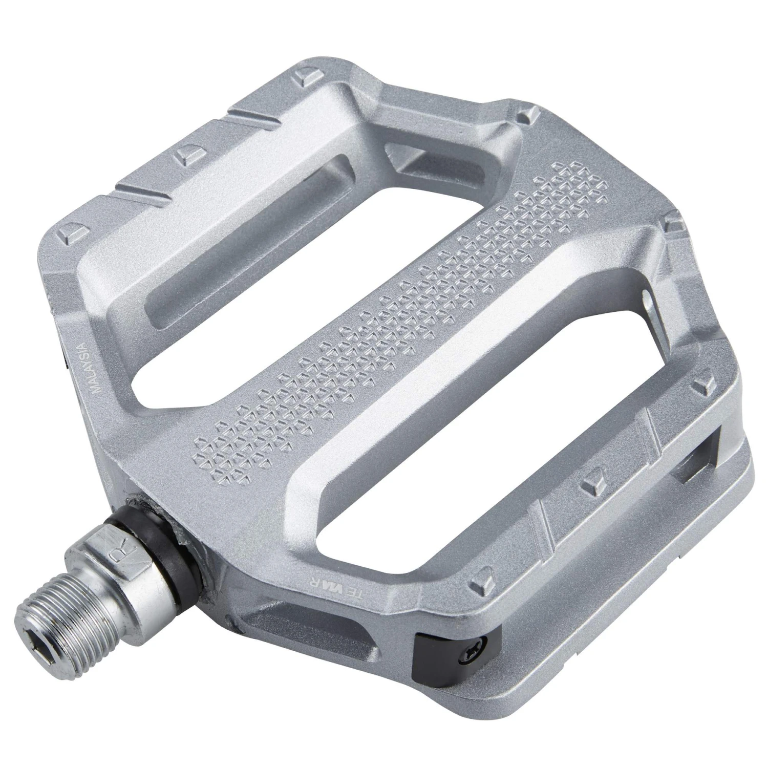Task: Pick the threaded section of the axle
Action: pos(61,614)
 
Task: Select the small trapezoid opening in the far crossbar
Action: pos(404,156)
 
